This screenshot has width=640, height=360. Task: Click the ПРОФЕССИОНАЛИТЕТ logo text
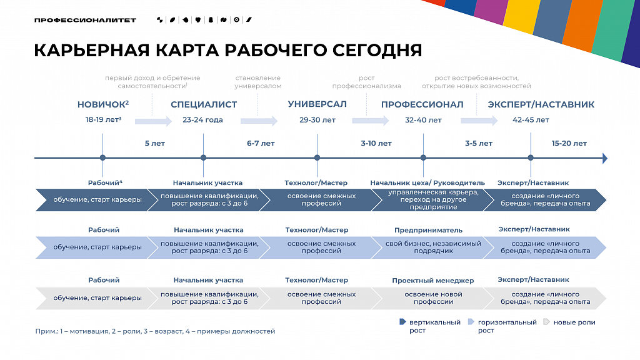click(85, 20)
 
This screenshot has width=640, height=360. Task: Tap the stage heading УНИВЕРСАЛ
click(317, 104)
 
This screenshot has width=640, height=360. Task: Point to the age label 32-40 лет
click(423, 120)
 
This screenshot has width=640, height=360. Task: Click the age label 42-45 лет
click(531, 120)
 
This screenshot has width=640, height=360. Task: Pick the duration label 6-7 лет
click(261, 143)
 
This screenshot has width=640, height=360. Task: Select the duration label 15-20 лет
click(569, 143)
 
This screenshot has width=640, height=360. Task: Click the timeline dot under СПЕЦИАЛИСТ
click(203, 157)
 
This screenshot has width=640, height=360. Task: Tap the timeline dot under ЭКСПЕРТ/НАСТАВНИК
click(531, 157)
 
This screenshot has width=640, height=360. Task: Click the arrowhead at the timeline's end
click(605, 158)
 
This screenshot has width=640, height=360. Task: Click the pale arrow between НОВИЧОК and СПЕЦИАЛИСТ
click(154, 121)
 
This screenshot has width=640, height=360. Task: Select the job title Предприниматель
click(428, 230)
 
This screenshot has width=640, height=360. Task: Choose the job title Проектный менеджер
click(432, 281)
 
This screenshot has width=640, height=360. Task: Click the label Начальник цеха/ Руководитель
click(427, 183)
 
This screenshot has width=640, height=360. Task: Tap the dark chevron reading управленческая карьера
click(432, 200)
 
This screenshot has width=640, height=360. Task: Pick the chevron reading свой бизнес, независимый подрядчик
click(432, 247)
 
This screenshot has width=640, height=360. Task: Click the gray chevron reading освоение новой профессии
click(432, 298)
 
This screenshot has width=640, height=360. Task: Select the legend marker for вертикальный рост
click(402, 322)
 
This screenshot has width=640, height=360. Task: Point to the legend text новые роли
click(574, 322)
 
